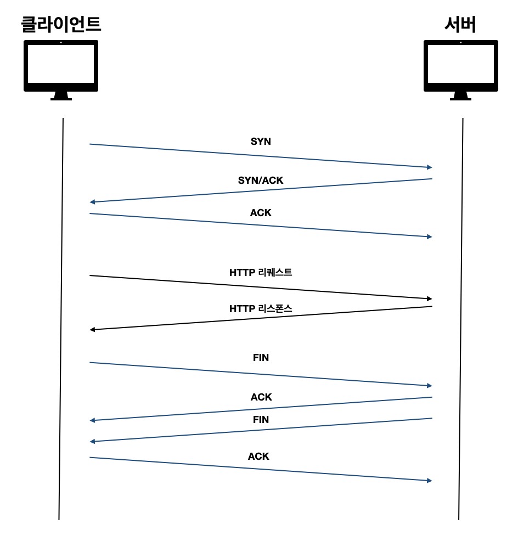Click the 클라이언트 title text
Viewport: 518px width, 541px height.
(x=61, y=24)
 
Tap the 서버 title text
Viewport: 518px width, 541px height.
(x=460, y=24)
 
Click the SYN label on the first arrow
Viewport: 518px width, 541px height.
(x=261, y=142)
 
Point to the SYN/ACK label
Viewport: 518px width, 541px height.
(x=261, y=180)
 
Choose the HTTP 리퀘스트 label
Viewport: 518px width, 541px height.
(x=261, y=272)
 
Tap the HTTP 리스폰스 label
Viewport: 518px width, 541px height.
(x=261, y=309)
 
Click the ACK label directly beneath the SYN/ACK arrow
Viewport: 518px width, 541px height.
(x=261, y=213)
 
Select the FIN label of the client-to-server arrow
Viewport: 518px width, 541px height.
(x=261, y=358)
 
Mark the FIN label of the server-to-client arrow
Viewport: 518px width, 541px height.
(x=261, y=420)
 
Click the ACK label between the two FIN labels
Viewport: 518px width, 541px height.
(x=261, y=397)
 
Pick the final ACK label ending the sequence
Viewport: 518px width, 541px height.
(x=258, y=457)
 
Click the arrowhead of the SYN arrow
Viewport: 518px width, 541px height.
(x=429, y=167)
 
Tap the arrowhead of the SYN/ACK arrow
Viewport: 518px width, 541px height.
(x=93, y=202)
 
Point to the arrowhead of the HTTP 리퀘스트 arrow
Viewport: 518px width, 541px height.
(x=429, y=298)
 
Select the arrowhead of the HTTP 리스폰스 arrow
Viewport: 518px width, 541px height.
(x=93, y=329)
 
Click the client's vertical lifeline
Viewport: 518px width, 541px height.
(x=61, y=318)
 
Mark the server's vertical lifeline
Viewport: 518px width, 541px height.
(x=460, y=318)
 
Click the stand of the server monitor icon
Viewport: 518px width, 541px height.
(x=460, y=96)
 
